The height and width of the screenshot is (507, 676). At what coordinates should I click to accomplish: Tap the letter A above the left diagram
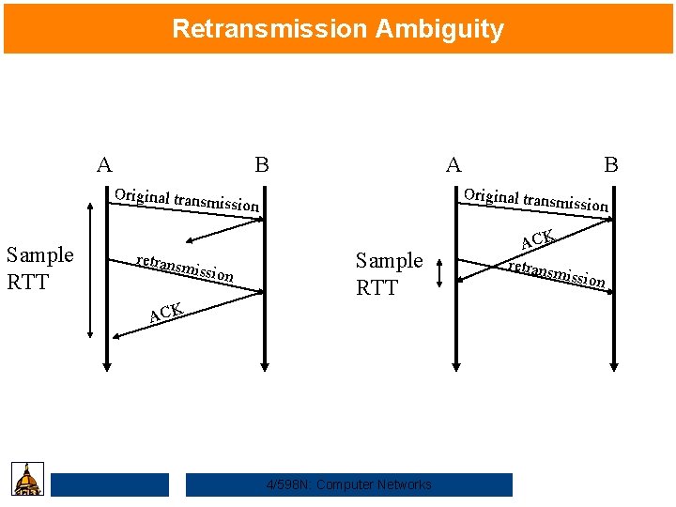[104, 165]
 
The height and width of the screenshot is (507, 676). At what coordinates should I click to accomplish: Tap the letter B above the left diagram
[262, 165]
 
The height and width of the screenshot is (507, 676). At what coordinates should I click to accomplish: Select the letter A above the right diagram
[453, 165]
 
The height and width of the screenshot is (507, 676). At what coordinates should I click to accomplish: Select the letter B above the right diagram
[611, 165]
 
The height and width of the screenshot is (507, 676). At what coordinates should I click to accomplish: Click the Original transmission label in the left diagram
[186, 200]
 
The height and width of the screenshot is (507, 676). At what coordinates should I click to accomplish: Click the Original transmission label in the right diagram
[536, 200]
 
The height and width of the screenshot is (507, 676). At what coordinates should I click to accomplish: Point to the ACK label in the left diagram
[165, 312]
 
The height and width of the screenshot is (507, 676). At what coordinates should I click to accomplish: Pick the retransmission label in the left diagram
[184, 268]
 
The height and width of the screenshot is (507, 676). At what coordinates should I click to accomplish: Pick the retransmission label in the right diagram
[556, 272]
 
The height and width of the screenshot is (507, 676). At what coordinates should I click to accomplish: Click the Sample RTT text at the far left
[39, 268]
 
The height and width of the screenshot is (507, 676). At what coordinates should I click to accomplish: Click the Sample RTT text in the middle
[389, 273]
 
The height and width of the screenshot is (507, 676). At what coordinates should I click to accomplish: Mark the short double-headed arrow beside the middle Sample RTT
[438, 273]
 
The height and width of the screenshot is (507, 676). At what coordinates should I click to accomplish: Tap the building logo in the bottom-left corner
[28, 479]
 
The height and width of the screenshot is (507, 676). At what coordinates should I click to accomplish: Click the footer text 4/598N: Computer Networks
[349, 484]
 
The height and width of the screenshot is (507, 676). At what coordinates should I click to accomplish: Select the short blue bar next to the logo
[110, 484]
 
